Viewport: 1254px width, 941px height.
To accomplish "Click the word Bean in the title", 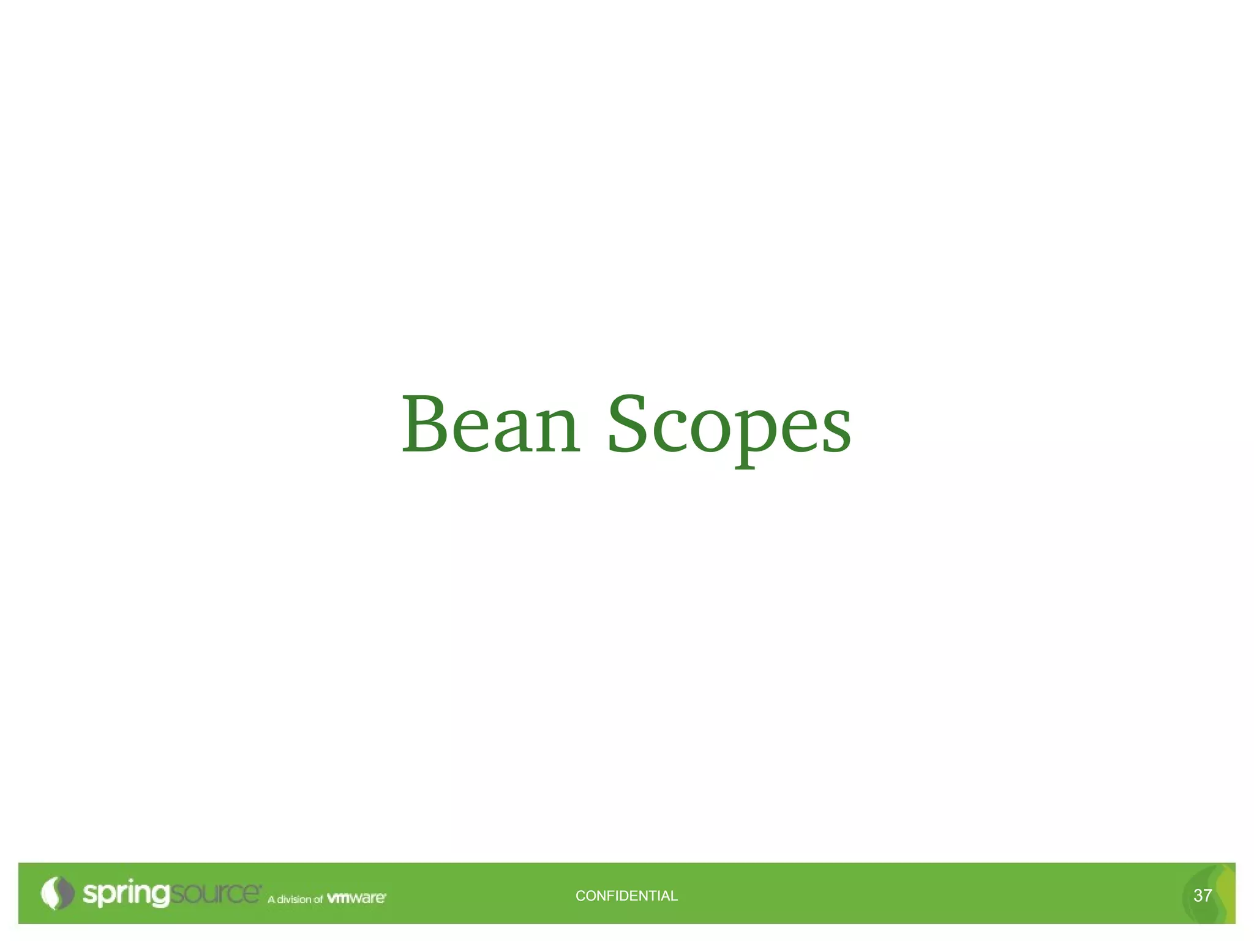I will tap(490, 425).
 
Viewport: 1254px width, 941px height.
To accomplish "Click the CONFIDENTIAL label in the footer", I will tap(626, 896).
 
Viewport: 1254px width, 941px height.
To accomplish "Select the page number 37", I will tap(1203, 896).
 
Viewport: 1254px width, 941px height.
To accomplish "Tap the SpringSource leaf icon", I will tap(57, 893).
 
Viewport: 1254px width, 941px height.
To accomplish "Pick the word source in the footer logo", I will tap(215, 893).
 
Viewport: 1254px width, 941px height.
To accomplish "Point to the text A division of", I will tap(295, 899).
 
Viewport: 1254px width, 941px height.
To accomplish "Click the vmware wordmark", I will tap(356, 898).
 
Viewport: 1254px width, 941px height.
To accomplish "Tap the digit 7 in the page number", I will tap(1207, 896).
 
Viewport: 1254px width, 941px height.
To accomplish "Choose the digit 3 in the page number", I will tap(1198, 896).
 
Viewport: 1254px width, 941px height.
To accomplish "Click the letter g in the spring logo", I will tap(160, 896).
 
